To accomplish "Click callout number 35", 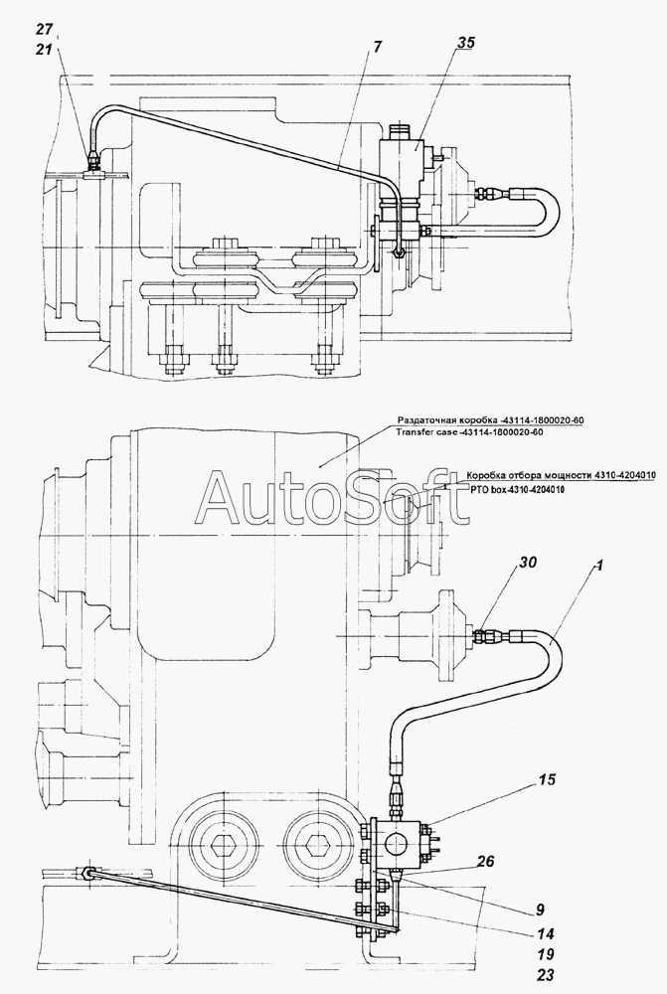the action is pos(465,43).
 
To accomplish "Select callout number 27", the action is pos(45,29).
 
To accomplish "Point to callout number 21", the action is pos(45,50).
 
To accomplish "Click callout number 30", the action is pos(529,563).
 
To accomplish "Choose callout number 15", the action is pos(546,779).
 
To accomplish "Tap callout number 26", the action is pos(484,861).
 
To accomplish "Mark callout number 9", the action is pos(540,910).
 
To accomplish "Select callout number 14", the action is pos(545,933).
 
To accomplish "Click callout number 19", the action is pos(545,954).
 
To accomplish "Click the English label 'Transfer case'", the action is pos(426,432).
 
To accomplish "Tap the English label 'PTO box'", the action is pos(486,489).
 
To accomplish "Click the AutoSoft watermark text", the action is pos(332,498).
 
